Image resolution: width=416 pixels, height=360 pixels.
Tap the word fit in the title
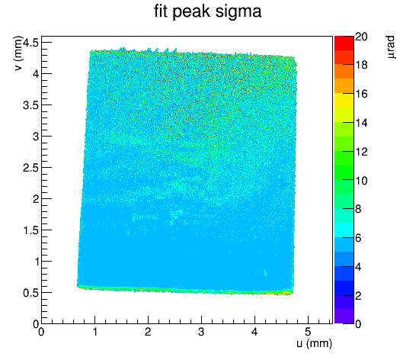(x=161, y=11)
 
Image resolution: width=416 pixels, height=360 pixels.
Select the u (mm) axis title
(x=314, y=343)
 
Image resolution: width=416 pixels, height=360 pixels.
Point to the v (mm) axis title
(x=18, y=53)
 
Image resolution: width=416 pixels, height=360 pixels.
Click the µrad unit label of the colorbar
(x=391, y=47)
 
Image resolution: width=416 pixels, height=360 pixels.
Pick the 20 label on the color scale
(x=361, y=37)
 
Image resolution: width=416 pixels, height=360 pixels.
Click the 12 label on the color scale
(x=361, y=152)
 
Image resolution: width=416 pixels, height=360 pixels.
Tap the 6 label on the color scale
(x=358, y=238)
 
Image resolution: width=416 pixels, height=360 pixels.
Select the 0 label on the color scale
(x=358, y=324)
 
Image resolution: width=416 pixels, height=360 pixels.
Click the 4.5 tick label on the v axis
(x=30, y=42)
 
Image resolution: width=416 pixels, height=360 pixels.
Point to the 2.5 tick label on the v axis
(x=30, y=168)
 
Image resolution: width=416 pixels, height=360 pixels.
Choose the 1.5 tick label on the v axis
(x=30, y=230)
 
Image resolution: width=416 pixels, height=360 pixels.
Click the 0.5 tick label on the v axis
(x=30, y=293)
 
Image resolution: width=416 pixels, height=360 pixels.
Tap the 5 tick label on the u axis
(x=308, y=332)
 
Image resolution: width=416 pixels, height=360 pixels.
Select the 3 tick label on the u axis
(x=201, y=332)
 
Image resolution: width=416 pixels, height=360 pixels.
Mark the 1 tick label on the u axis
(x=94, y=332)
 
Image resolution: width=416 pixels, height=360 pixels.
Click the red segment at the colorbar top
(x=344, y=43)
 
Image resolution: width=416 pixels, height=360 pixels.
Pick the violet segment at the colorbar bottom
(x=344, y=317)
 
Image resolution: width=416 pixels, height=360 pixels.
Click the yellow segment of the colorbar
(x=344, y=101)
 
